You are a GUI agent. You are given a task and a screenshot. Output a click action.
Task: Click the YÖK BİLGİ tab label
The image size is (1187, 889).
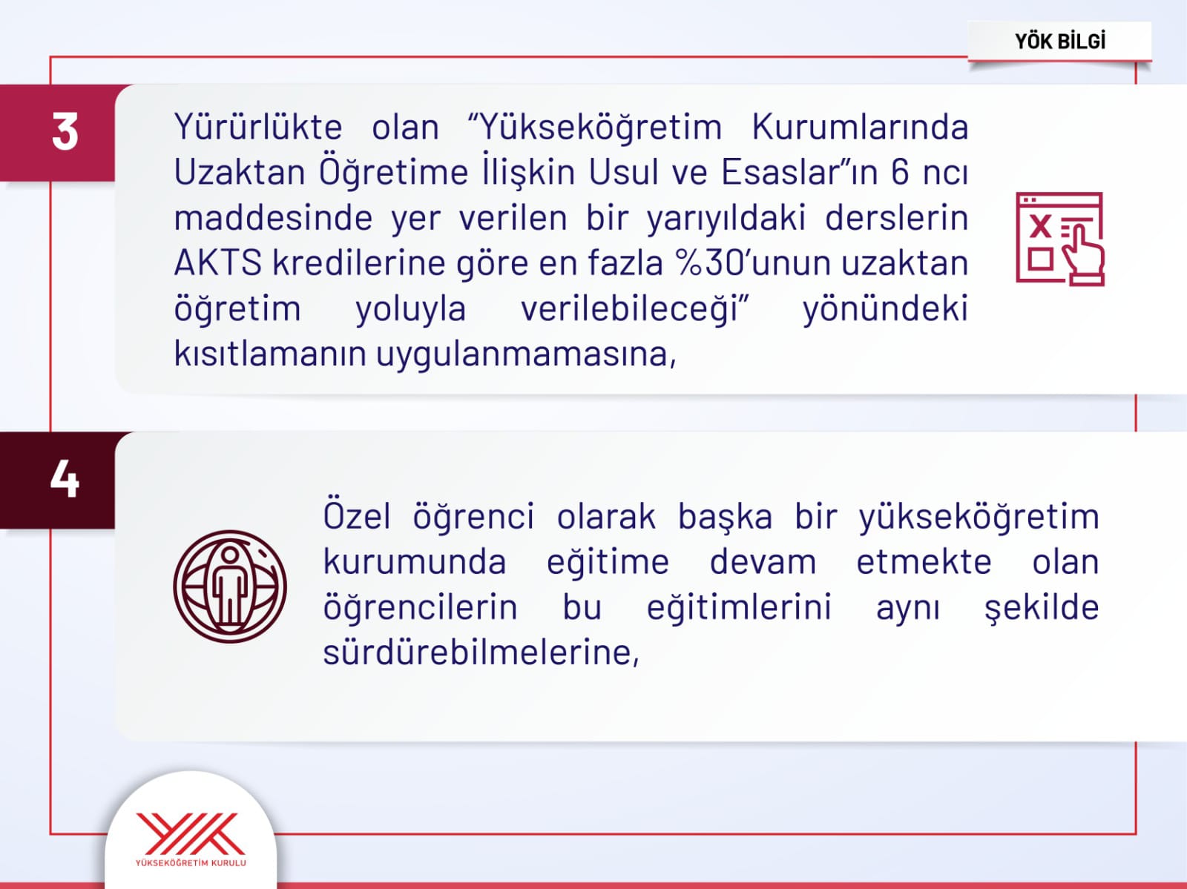[1060, 42]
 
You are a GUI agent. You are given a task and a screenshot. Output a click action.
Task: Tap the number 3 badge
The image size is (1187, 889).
[57, 133]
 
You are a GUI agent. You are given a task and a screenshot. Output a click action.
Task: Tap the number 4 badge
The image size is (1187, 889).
[57, 480]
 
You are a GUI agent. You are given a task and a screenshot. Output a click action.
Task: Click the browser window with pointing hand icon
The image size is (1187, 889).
[1060, 239]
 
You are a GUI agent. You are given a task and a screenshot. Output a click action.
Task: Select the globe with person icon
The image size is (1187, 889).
[230, 586]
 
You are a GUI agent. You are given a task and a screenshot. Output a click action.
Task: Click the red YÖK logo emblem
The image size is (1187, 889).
[191, 834]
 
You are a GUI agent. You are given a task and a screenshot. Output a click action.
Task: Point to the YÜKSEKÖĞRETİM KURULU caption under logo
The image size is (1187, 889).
[191, 863]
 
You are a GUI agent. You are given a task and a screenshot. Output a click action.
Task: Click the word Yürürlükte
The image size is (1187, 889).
[258, 127]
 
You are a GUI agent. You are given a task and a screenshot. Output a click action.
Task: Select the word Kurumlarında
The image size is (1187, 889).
[860, 127]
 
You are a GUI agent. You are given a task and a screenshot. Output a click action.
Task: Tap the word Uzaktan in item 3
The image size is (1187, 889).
[240, 173]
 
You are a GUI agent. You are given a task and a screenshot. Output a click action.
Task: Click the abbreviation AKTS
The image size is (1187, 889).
[218, 263]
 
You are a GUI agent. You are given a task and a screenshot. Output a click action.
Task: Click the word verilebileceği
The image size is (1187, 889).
[635, 308]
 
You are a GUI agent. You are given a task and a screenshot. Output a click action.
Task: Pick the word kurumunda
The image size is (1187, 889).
[415, 562]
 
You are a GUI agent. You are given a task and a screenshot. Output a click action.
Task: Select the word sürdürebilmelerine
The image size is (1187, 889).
[481, 652]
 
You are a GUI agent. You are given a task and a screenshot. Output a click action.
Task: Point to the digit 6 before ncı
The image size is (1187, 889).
[900, 173]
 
